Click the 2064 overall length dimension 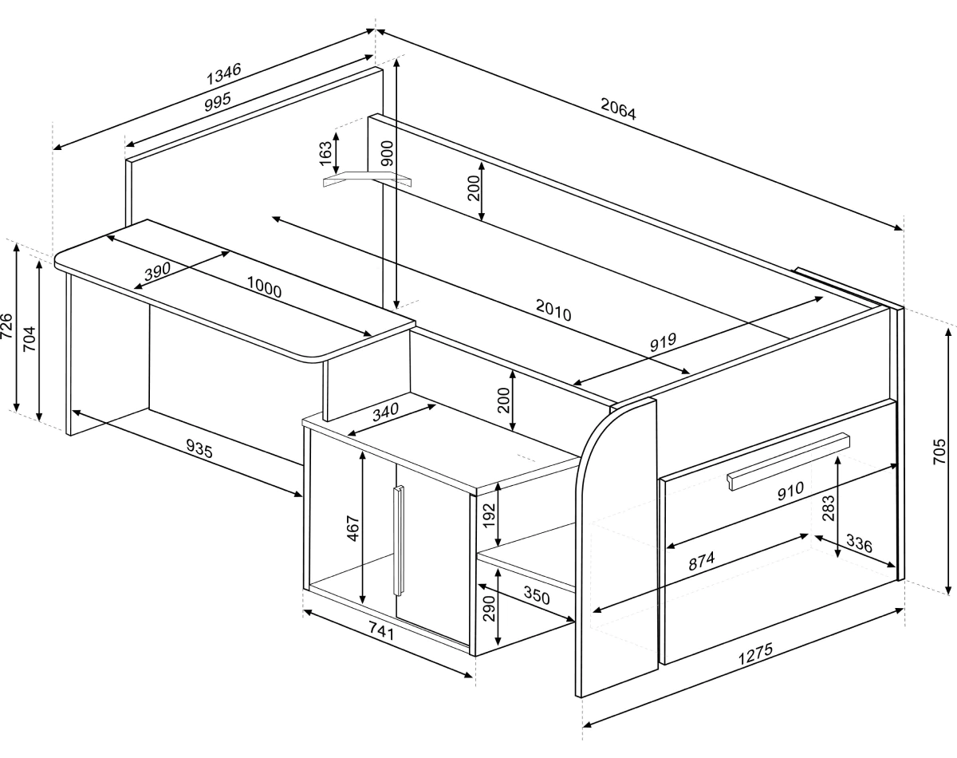click(x=618, y=109)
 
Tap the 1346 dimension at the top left click(x=223, y=74)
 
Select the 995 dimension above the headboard click(x=218, y=102)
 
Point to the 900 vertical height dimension click(x=388, y=153)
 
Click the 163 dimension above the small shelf click(x=326, y=153)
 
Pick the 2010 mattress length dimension click(x=553, y=310)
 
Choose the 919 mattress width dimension click(x=663, y=341)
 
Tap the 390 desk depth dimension click(x=157, y=270)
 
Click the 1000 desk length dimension click(x=264, y=287)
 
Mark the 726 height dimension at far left click(x=7, y=326)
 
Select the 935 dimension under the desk click(x=199, y=448)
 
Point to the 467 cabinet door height click(x=352, y=528)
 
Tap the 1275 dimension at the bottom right click(x=755, y=653)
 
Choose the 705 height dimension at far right click(x=939, y=452)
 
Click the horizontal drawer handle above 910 click(x=789, y=461)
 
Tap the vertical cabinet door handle click(x=399, y=540)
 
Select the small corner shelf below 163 click(x=368, y=180)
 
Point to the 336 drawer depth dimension click(x=859, y=543)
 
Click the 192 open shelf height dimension click(x=489, y=515)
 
